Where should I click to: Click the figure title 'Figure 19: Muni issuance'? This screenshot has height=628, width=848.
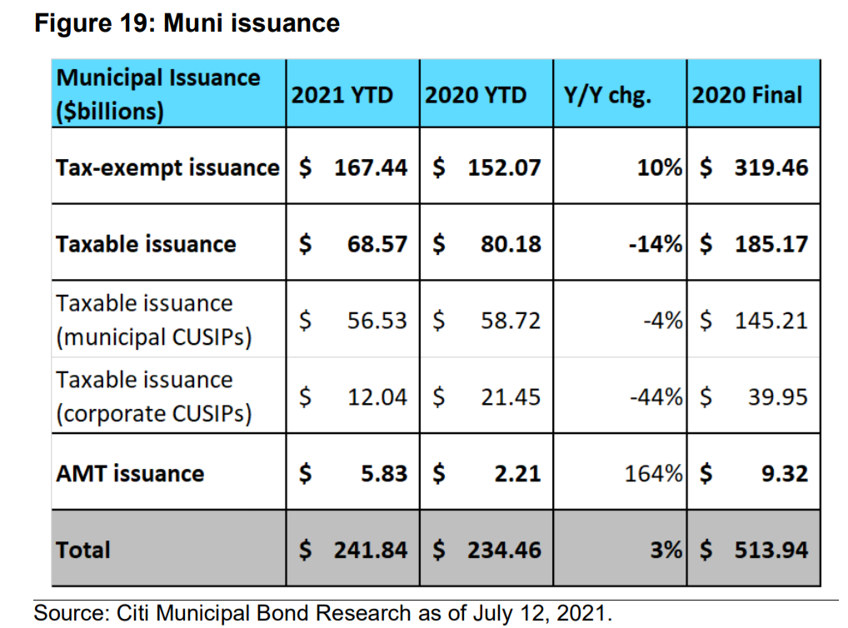coord(187,22)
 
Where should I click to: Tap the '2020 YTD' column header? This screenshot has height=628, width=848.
coord(476,95)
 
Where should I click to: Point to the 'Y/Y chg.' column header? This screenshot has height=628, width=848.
coord(608,95)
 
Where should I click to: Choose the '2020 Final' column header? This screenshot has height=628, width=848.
coord(747,95)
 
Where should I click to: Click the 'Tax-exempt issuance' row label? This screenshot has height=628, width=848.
coord(167,167)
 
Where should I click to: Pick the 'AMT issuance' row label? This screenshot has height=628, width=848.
coord(129,474)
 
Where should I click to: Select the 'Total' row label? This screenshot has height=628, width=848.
coord(82,550)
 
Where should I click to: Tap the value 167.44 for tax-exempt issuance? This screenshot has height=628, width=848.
coord(371,167)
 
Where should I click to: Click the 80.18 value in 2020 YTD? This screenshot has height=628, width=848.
coord(511,244)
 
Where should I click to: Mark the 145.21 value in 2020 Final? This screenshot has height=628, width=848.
coord(771,321)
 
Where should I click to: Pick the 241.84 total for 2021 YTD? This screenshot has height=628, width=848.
coord(371,550)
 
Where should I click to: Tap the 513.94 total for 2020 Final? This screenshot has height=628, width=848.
coord(771,550)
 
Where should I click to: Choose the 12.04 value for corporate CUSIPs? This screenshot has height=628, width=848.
coord(377,397)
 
